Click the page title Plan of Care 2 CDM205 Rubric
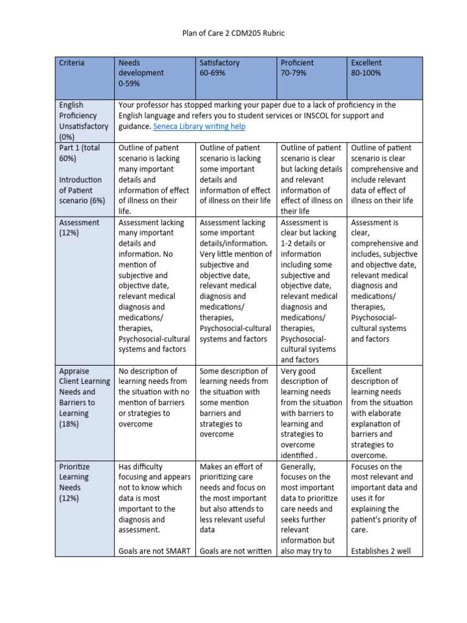click(x=233, y=32)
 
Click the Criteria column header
click(x=72, y=63)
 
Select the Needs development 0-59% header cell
click(x=141, y=72)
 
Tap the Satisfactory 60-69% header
click(x=220, y=68)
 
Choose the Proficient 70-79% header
click(x=297, y=68)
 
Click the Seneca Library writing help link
click(x=199, y=126)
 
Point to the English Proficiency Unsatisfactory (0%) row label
click(x=83, y=120)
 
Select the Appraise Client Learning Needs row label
click(x=84, y=397)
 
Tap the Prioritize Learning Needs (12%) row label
click(x=75, y=482)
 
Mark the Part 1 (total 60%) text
click(x=80, y=153)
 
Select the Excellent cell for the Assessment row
click(x=384, y=280)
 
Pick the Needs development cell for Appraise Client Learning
click(x=154, y=397)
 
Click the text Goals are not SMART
click(x=154, y=551)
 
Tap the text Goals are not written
click(x=235, y=551)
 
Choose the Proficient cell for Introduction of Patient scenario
click(x=313, y=179)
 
